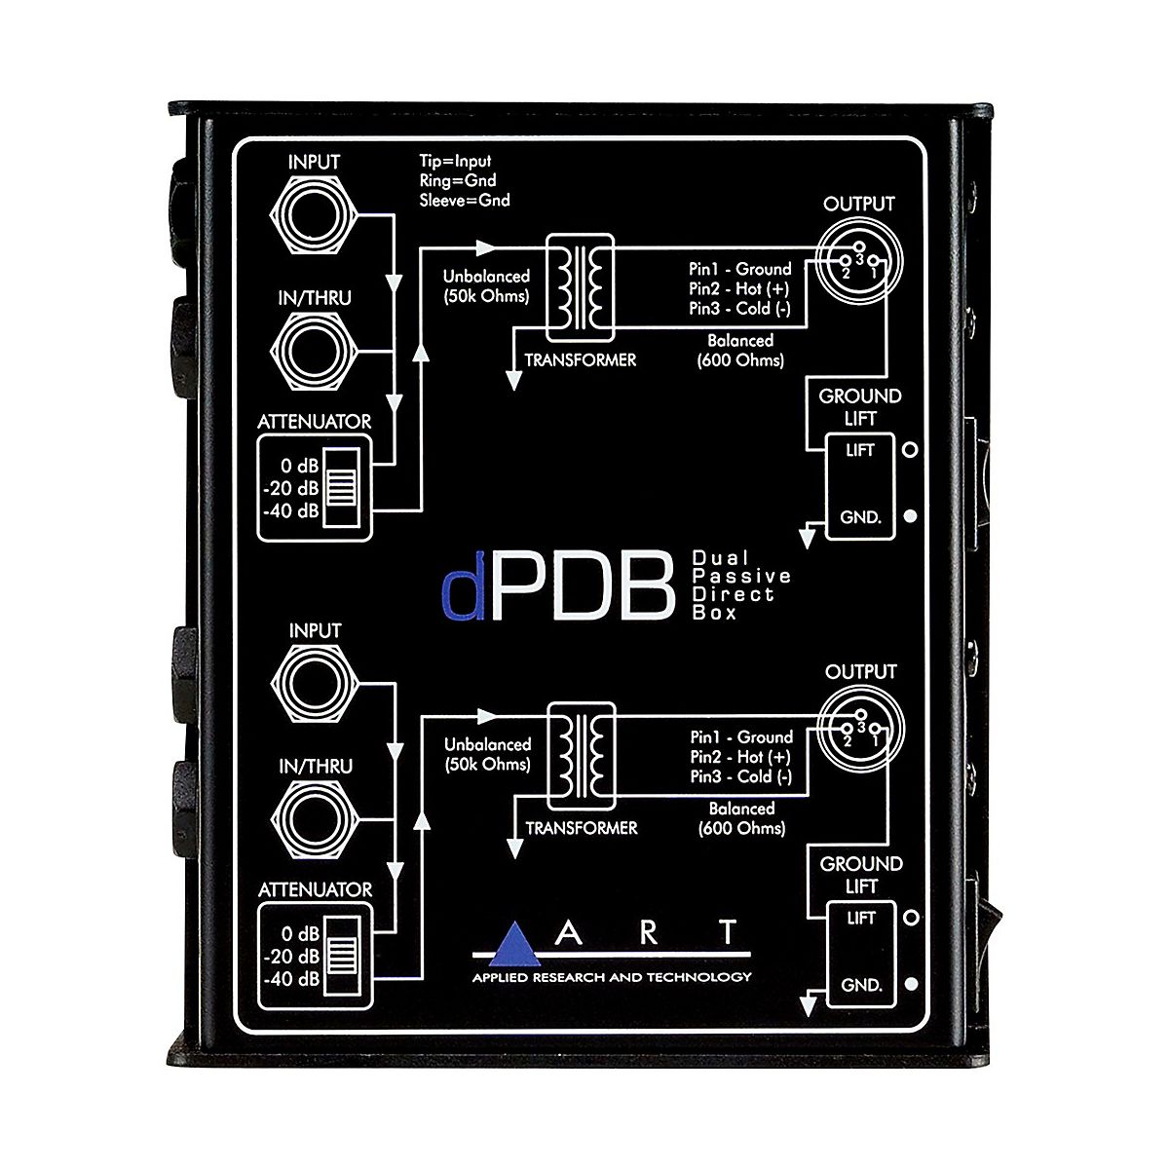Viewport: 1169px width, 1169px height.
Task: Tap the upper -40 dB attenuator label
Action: pyautogui.click(x=293, y=509)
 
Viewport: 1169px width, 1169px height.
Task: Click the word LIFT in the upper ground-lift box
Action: pyautogui.click(x=861, y=450)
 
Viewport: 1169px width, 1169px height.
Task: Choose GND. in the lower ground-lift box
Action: pyautogui.click(x=861, y=985)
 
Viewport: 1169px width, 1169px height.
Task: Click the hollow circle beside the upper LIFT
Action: pyautogui.click(x=911, y=450)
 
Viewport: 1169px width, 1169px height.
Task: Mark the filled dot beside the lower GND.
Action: pyautogui.click(x=911, y=985)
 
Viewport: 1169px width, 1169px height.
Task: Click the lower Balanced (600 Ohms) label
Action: pyautogui.click(x=742, y=818)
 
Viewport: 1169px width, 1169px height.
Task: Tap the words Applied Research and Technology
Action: pyautogui.click(x=611, y=977)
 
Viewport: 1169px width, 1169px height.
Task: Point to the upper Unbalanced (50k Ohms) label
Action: pyautogui.click(x=486, y=285)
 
